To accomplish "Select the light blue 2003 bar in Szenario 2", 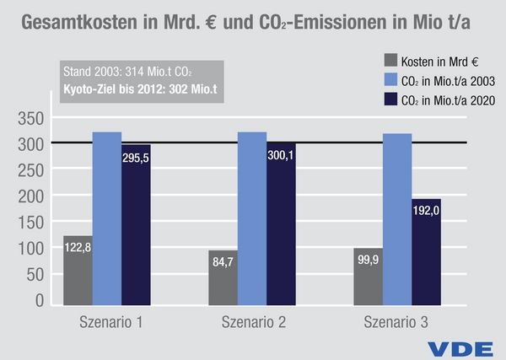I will pos(252,219).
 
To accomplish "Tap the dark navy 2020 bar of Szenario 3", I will pos(426,253).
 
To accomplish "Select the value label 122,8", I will pos(78,249).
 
